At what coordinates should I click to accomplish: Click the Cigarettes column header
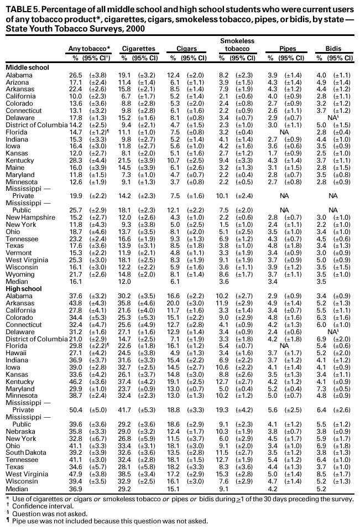coord(138,49)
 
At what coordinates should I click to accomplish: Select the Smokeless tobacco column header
coord(237,45)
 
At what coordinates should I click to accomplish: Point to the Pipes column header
coord(287,49)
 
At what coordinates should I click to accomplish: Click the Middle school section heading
coord(26,67)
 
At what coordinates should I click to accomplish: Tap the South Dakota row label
coord(24,467)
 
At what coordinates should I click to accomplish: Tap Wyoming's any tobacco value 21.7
coord(75,274)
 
